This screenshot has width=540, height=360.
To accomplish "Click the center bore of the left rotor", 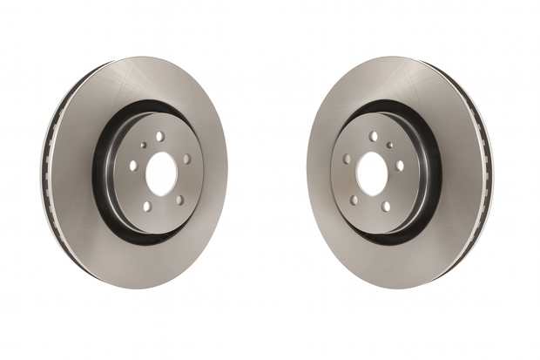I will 160,174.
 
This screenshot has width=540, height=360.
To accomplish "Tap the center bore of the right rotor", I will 372,174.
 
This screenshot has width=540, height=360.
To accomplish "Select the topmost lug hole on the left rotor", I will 161,136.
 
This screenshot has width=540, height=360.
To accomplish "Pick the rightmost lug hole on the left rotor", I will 187,159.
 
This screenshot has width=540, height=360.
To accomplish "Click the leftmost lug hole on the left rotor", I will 133,165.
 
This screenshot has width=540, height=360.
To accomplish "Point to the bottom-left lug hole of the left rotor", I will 146,206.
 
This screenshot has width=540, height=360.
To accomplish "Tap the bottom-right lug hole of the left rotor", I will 179,200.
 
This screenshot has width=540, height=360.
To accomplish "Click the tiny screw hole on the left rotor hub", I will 144,146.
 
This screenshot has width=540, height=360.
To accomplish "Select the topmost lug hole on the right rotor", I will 374,137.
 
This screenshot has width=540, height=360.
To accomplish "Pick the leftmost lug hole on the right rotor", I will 346,159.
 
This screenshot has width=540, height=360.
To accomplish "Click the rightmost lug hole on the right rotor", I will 400,165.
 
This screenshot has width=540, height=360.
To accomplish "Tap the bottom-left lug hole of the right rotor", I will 354,200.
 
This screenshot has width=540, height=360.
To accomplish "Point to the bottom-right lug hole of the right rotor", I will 387,206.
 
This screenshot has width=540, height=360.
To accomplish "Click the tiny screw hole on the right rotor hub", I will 389,146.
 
